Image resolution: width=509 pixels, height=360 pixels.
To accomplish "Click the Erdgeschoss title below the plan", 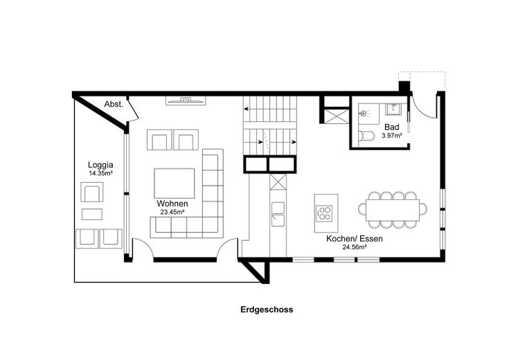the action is click(267, 309).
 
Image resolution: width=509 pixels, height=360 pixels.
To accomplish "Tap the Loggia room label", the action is click(100, 165).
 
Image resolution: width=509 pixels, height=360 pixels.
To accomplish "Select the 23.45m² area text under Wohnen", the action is click(172, 212).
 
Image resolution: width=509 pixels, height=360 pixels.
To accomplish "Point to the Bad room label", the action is click(392, 127).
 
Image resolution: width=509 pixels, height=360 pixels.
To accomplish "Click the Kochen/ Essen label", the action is click(355, 239).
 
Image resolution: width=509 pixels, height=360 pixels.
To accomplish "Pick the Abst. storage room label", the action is click(114, 105).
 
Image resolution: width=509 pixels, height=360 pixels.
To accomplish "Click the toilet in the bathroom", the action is click(366, 136).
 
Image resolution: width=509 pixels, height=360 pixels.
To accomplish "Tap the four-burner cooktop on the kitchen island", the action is click(324, 214).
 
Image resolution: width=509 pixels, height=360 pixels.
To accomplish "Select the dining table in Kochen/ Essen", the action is click(393, 210).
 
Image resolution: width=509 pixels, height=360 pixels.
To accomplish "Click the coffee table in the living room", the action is click(175, 183).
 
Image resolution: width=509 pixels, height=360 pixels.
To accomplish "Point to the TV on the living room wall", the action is click(186, 100).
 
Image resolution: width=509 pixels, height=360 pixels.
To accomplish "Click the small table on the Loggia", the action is click(92, 214).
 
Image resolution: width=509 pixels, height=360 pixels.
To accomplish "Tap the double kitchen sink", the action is click(278, 214).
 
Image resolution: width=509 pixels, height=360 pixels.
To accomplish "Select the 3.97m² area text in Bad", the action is click(392, 136).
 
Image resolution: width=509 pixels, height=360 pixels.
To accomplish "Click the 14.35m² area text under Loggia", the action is click(100, 173).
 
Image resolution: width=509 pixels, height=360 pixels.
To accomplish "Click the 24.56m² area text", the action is click(355, 247).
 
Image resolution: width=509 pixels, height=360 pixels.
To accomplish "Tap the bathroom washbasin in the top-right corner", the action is click(393, 109).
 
